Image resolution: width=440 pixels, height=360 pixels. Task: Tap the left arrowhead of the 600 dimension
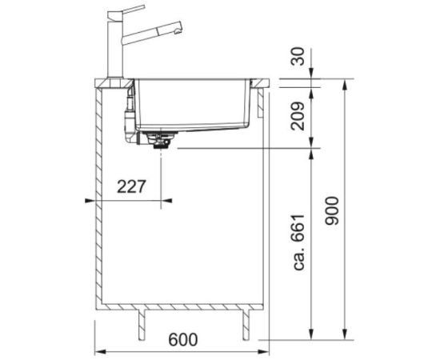(98, 350)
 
